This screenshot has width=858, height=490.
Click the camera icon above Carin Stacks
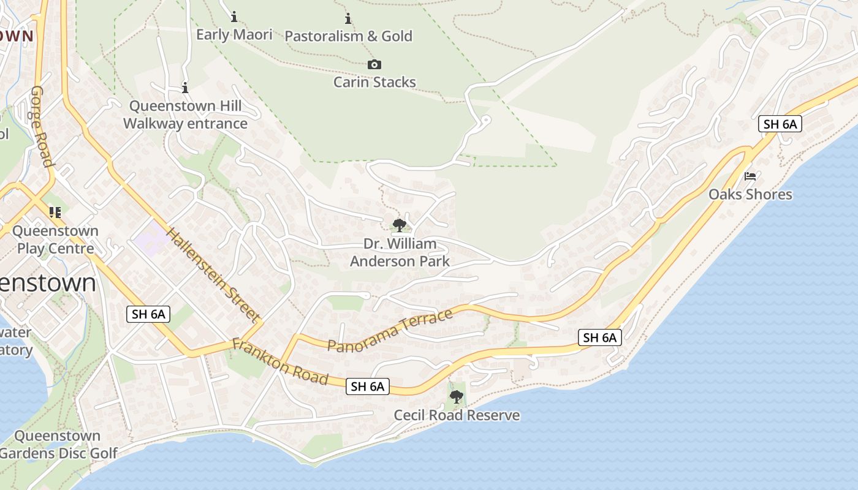coord(374,64)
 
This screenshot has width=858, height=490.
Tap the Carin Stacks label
coord(374,82)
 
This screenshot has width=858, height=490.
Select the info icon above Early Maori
coord(234,17)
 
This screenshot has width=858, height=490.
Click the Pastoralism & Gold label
coord(349,36)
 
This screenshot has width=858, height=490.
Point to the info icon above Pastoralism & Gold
coord(348,18)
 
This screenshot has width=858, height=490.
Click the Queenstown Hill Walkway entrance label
coord(185,115)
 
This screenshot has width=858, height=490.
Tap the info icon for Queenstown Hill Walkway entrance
coord(185,88)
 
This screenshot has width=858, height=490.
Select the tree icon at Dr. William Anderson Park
coord(400,225)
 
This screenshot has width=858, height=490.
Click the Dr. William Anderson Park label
coord(400,252)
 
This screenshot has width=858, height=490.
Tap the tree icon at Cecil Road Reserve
coord(457,397)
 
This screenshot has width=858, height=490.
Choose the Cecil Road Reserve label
coord(457,415)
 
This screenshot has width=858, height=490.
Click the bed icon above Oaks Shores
coord(750,176)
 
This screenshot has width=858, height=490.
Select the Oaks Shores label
coord(750,195)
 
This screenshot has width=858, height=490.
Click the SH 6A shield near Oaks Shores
coord(780,124)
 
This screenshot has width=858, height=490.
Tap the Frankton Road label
coord(280,362)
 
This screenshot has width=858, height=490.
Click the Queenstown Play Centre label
coord(55,239)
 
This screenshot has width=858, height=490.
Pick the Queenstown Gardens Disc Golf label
coord(58,445)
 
